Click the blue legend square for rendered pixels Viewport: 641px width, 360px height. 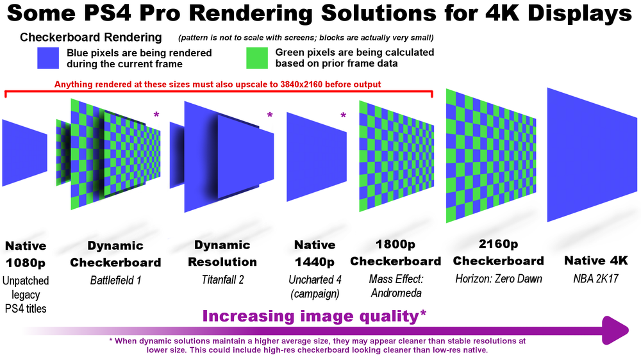49,58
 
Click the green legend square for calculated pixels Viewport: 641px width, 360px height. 258,58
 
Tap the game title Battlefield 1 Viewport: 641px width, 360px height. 115,279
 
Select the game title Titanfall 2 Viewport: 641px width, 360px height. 222,279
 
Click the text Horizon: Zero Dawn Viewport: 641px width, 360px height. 499,279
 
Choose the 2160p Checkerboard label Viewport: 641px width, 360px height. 498,252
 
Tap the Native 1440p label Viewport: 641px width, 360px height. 315,254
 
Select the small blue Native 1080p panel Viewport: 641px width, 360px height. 23,152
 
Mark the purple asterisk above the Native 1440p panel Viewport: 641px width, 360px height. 343,116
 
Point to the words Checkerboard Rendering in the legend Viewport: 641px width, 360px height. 91,38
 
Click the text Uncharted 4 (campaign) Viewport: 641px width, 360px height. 314,286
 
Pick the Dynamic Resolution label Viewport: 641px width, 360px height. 222,254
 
